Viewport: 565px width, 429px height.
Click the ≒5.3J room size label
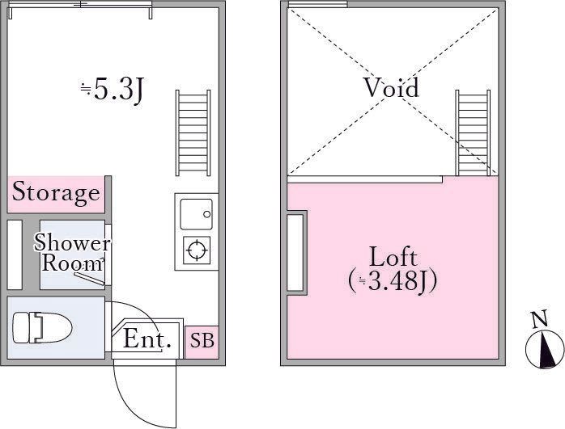pos(112,91)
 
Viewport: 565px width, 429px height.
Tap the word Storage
pos(56,193)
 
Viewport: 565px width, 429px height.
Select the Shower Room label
pos(72,252)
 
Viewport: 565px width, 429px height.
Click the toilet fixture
pos(43,327)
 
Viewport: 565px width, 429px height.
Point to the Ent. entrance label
pos(147,339)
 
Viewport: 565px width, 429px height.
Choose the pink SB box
pos(202,342)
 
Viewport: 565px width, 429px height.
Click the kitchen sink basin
pos(196,214)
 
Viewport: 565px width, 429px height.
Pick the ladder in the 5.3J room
pos(193,133)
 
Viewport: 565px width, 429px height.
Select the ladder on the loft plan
pos(473,132)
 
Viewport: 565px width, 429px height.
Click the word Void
pos(392,88)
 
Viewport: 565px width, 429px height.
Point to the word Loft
pos(393,258)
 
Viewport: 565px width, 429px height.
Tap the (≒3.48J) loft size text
pos(393,280)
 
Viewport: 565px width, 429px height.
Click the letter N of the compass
pos(540,319)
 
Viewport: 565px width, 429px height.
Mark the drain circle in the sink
pos(207,214)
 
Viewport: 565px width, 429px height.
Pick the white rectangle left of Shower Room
pos(15,254)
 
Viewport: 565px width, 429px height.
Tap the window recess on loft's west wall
pos(295,253)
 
